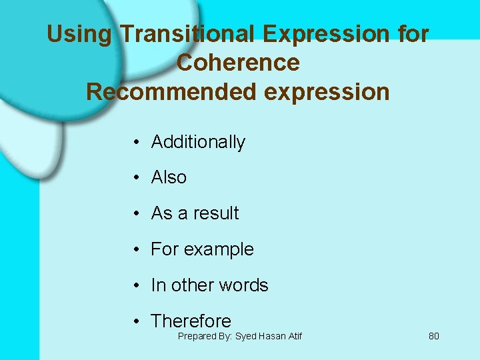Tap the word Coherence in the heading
(x=238, y=63)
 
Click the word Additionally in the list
(x=198, y=142)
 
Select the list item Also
(x=169, y=177)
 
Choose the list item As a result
(x=195, y=213)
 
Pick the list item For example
(x=202, y=249)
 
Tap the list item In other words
(x=209, y=285)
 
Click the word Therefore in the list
(x=191, y=321)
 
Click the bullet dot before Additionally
(x=135, y=143)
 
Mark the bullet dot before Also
(x=135, y=178)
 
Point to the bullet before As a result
(x=135, y=214)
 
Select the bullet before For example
(x=135, y=250)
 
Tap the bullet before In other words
(x=135, y=286)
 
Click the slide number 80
(x=433, y=336)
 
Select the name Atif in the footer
(x=293, y=336)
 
